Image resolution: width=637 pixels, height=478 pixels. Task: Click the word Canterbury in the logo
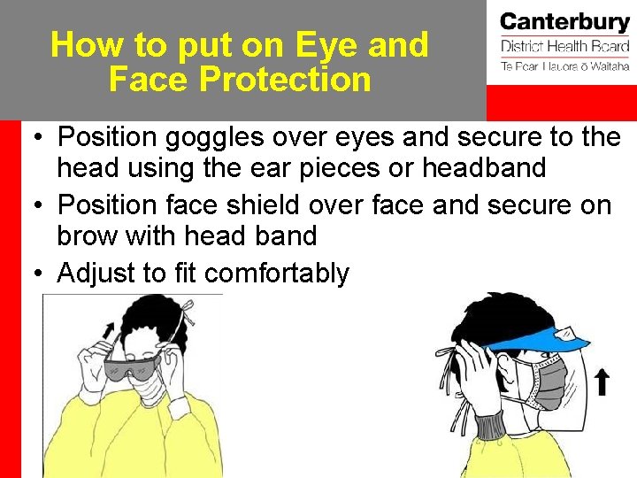coord(564,23)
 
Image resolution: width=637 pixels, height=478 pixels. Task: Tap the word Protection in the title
coord(284,79)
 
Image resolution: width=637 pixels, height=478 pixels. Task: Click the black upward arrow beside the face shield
coord(602,382)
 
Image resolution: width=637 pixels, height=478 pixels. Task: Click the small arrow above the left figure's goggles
coord(109,335)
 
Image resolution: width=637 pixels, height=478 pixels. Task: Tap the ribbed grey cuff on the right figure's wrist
coord(487,424)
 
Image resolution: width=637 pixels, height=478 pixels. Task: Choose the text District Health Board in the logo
coord(564,47)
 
